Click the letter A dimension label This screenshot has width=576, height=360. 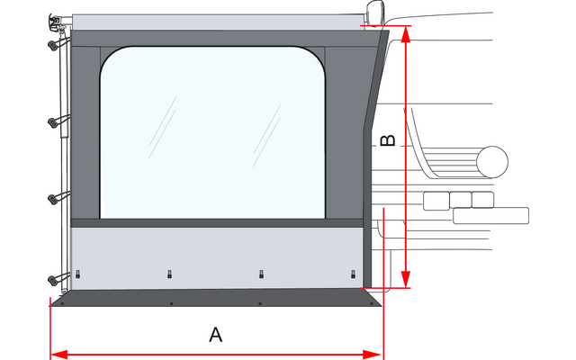pyautogui.click(x=216, y=335)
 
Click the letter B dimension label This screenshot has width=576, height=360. pyautogui.click(x=385, y=142)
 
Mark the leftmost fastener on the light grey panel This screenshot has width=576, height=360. pyautogui.click(x=79, y=274)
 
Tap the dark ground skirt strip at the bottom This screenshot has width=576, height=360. pyautogui.click(x=216, y=298)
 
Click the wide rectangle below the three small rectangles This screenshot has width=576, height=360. pyautogui.click(x=491, y=215)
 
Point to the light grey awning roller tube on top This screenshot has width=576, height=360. pyautogui.click(x=216, y=21)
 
